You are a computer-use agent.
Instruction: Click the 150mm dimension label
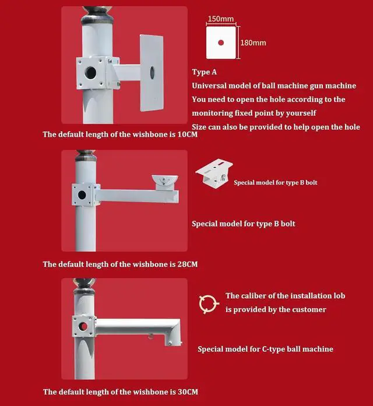point(221,19)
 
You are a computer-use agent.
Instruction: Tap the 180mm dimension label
point(253,43)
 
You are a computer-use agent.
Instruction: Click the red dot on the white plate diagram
point(221,43)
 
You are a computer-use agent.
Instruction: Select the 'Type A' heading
point(205,72)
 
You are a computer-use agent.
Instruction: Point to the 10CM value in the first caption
point(188,135)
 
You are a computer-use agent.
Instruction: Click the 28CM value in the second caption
point(188,264)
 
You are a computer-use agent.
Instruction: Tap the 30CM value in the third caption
point(188,392)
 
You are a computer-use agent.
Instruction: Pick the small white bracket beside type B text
point(214,174)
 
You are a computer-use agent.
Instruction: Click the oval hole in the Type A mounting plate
point(152,72)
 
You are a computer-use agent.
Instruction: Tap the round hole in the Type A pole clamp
point(90,72)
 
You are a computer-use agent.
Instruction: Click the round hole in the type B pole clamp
point(82,195)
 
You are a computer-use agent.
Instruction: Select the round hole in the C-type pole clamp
point(83,327)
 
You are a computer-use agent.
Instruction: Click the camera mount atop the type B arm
point(165,182)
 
